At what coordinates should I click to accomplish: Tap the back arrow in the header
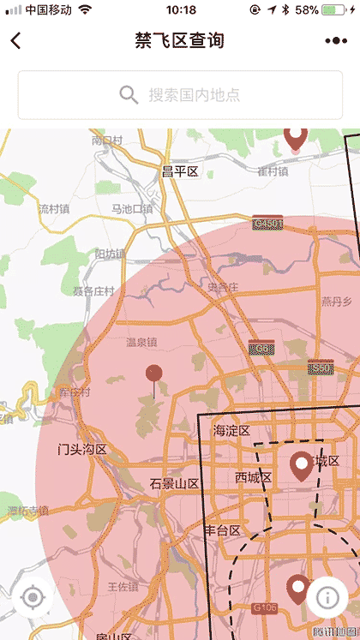point(15,40)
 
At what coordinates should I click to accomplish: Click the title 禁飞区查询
point(180,40)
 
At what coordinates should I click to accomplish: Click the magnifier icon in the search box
point(129,94)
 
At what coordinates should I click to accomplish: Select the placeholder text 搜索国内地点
point(194,94)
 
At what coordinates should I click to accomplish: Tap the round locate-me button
point(33,597)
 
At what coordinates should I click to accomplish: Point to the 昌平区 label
point(180,171)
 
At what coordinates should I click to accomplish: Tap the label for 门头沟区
point(82,449)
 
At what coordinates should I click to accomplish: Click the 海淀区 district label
point(231,430)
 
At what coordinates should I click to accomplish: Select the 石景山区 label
point(174,484)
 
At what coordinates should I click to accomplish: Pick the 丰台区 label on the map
point(222,530)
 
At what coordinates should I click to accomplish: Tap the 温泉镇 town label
point(141,343)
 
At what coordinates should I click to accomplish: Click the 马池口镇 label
point(132,209)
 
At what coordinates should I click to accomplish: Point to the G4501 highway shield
point(267,224)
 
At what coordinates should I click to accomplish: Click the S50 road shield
point(321,367)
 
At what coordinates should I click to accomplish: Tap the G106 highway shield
point(267,607)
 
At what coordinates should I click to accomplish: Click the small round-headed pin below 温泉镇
point(154,374)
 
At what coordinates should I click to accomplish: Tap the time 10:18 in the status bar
point(181,10)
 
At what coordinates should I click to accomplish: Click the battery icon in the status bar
point(334,10)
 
